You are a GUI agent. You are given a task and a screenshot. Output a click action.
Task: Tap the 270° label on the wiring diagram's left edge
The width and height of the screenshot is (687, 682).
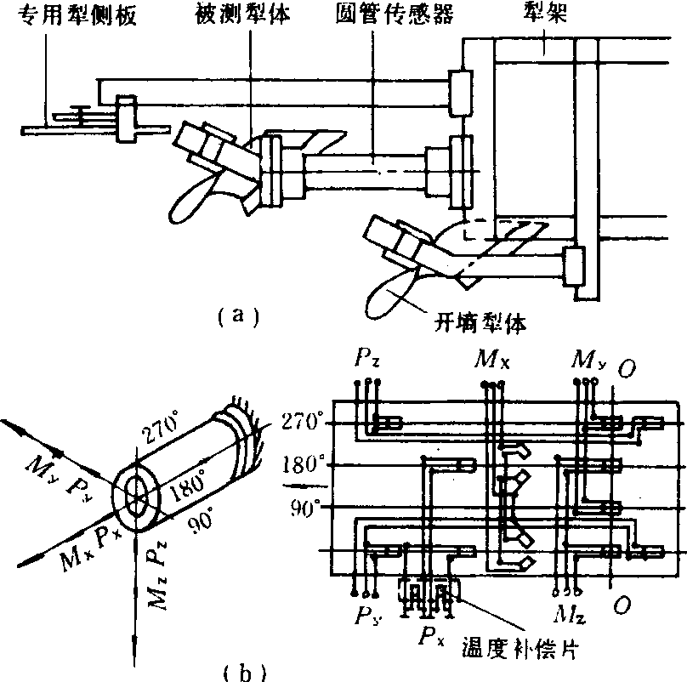click(302, 420)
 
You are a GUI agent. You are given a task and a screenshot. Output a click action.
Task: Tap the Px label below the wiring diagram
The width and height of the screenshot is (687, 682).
click(428, 634)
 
